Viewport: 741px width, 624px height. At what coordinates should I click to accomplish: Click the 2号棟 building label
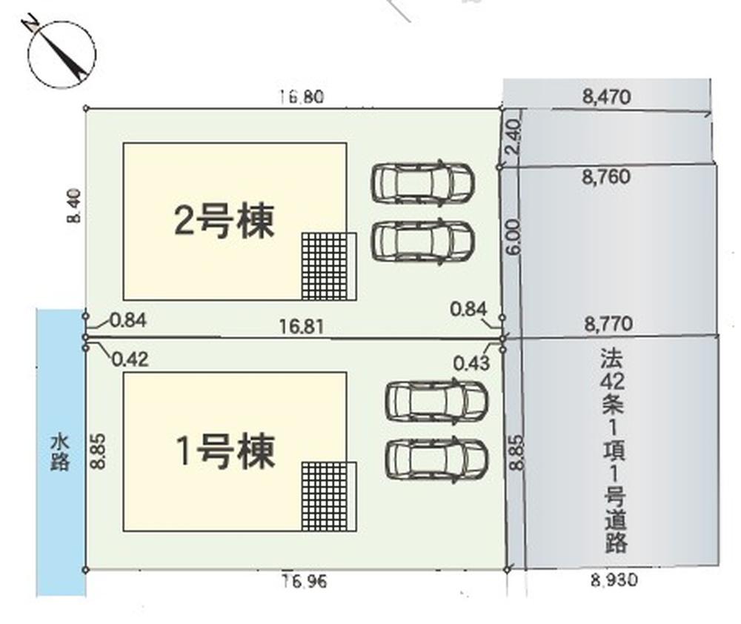[x=224, y=221]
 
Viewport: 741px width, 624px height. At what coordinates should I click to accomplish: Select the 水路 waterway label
[x=60, y=452]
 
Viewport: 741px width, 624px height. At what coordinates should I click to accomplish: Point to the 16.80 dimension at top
[x=302, y=97]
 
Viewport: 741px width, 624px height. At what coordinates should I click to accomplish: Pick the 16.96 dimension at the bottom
[x=303, y=581]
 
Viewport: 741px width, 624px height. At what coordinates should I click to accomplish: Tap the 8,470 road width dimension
[x=606, y=96]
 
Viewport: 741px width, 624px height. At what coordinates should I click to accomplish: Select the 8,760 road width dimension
[x=606, y=177]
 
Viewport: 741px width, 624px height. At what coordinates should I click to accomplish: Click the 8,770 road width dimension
[x=608, y=323]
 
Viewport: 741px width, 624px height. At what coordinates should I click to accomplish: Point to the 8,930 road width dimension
[x=614, y=581]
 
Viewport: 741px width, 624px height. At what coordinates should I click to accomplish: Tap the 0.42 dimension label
[x=129, y=359]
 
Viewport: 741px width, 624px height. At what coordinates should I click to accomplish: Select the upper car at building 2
[x=422, y=182]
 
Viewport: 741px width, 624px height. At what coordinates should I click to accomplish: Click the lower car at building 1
[x=436, y=459]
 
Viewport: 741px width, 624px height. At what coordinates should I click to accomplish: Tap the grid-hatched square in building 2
[x=326, y=266]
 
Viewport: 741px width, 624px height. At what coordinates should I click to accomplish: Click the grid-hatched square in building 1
[x=326, y=496]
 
